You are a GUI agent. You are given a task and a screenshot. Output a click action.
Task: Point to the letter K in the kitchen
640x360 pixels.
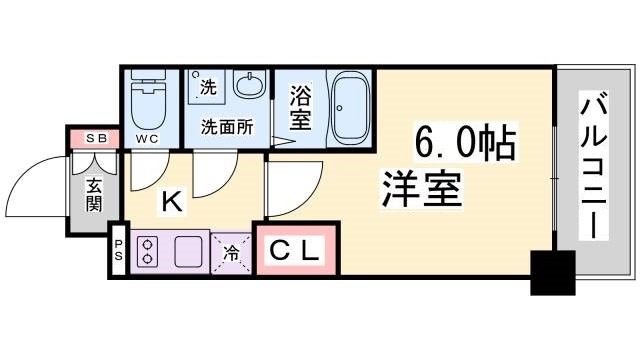[172, 203]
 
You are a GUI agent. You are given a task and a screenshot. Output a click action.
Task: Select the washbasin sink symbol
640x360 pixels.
[248, 88]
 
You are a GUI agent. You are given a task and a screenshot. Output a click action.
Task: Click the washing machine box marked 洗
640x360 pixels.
[208, 88]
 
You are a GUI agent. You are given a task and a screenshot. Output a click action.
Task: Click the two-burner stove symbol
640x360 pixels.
[149, 252]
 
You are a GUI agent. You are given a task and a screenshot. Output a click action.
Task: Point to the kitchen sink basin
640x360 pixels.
[189, 252]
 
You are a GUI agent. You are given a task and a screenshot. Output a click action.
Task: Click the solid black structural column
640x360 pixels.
[553, 272]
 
